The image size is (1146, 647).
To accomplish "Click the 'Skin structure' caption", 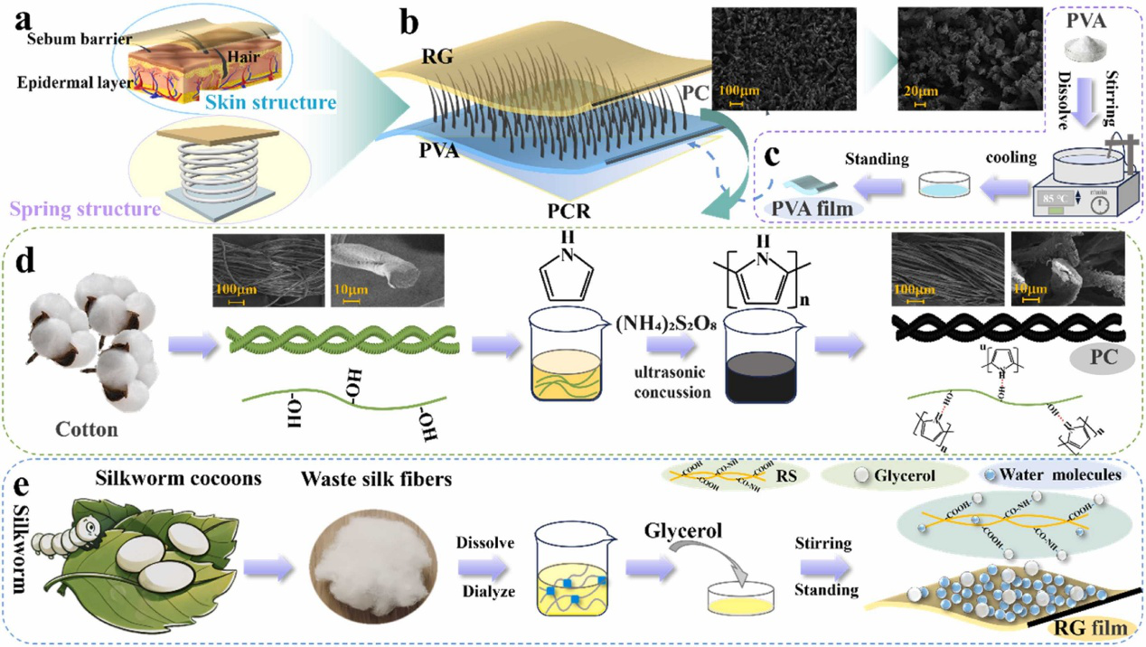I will point(283,102).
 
